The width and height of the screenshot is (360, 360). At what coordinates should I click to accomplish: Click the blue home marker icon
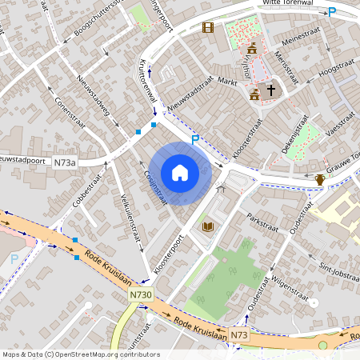(x=180, y=173)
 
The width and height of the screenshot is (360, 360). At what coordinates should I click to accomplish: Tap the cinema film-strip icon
(x=208, y=27)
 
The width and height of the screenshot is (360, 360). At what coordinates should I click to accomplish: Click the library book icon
(x=208, y=227)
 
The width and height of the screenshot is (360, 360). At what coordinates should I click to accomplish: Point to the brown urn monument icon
(x=320, y=178)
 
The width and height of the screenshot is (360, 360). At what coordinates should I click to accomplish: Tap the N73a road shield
(x=66, y=163)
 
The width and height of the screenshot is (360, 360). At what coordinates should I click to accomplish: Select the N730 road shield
(x=139, y=295)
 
